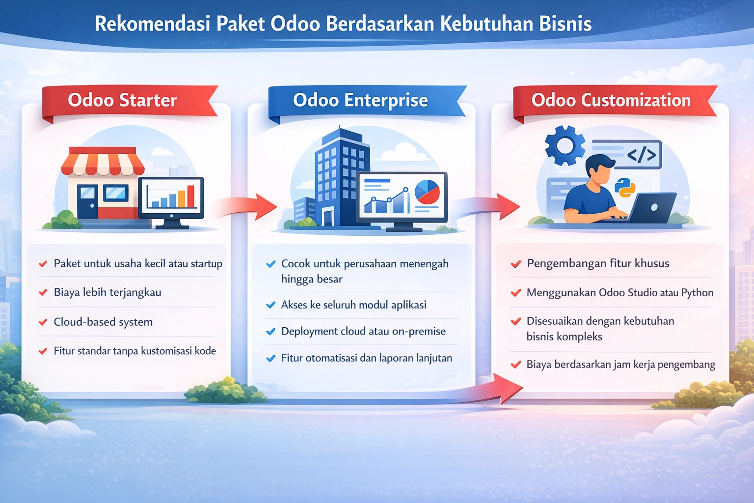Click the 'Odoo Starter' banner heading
point(122,100)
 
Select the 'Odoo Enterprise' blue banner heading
point(360,100)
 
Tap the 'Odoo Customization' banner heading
point(611,100)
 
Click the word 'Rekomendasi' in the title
point(152,24)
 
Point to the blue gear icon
point(565,145)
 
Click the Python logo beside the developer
point(625,188)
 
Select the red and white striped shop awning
point(103,162)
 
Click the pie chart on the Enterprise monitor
point(427,192)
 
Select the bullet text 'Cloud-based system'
point(103,322)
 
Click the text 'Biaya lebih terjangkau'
point(108,292)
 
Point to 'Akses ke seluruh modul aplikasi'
point(353,305)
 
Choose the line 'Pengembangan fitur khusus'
point(598,263)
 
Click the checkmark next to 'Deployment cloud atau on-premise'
point(270,332)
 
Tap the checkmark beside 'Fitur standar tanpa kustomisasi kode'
point(43,351)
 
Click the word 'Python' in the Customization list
point(697,293)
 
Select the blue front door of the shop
point(87,201)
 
